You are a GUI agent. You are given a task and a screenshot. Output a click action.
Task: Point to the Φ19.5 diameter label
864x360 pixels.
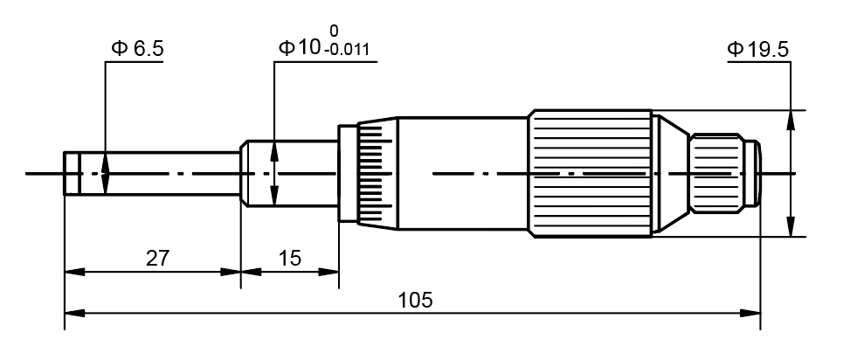click(757, 49)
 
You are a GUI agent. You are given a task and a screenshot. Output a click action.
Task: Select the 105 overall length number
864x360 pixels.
click(415, 300)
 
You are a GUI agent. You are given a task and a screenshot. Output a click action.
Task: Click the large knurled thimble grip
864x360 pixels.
click(590, 173)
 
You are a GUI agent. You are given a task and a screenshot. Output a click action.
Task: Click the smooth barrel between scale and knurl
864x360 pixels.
click(463, 173)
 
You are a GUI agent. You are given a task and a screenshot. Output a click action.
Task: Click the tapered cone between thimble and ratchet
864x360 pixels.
click(670, 173)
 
